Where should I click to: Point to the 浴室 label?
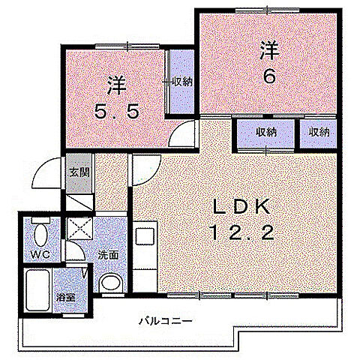pyautogui.click(x=67, y=297)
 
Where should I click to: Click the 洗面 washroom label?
pyautogui.click(x=107, y=254)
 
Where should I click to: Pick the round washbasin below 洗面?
pyautogui.click(x=110, y=283)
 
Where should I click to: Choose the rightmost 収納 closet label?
pyautogui.click(x=317, y=132)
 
